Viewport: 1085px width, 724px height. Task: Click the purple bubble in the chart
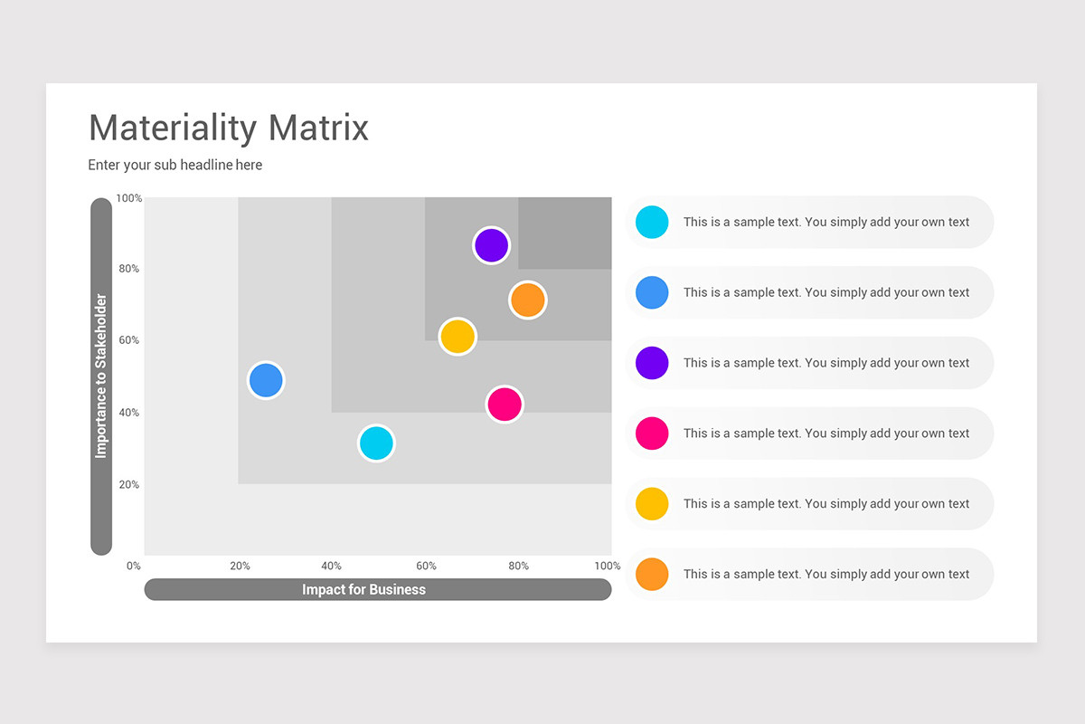coord(491,245)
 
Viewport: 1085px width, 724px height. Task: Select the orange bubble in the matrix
coord(527,300)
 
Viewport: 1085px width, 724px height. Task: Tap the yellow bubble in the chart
coord(458,337)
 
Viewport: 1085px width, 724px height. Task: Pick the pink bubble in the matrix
coord(505,404)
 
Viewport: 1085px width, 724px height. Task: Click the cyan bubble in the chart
coord(376,443)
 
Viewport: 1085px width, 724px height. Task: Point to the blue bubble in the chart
coord(266,380)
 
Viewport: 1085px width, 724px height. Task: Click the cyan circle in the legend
coord(652,222)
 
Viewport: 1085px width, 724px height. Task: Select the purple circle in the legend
coord(652,363)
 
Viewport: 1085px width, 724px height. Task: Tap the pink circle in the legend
coord(652,433)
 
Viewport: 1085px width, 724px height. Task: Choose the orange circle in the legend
coord(652,575)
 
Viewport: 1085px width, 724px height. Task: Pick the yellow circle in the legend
coord(652,504)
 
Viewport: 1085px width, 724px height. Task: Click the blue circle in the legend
coord(652,292)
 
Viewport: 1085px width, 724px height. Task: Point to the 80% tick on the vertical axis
coord(128,269)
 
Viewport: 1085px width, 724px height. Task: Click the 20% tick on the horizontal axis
coord(240,567)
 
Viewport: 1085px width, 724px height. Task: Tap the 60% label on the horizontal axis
coord(426,567)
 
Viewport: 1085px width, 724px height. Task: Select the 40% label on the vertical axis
coord(128,413)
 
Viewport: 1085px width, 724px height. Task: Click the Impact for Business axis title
coord(363,590)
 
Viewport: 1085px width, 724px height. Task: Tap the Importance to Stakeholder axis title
coord(101,376)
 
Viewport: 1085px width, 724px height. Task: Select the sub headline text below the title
coord(175,165)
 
